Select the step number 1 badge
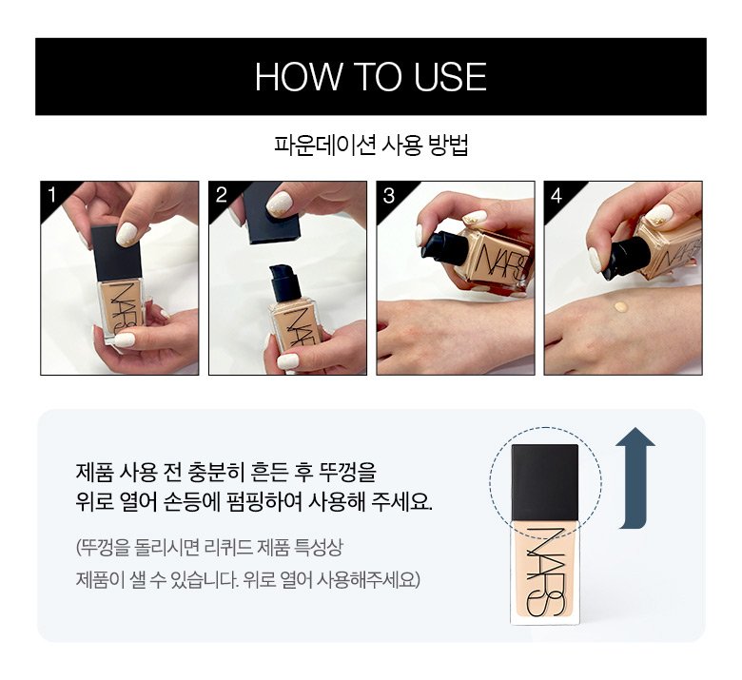pyautogui.click(x=51, y=194)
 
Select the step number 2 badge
pyautogui.click(x=221, y=194)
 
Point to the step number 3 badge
pyautogui.click(x=389, y=195)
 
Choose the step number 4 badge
pyautogui.click(x=556, y=195)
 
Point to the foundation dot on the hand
pyautogui.click(x=621, y=307)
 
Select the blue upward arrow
pyautogui.click(x=635, y=478)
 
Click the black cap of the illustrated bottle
pyautogui.click(x=545, y=482)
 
